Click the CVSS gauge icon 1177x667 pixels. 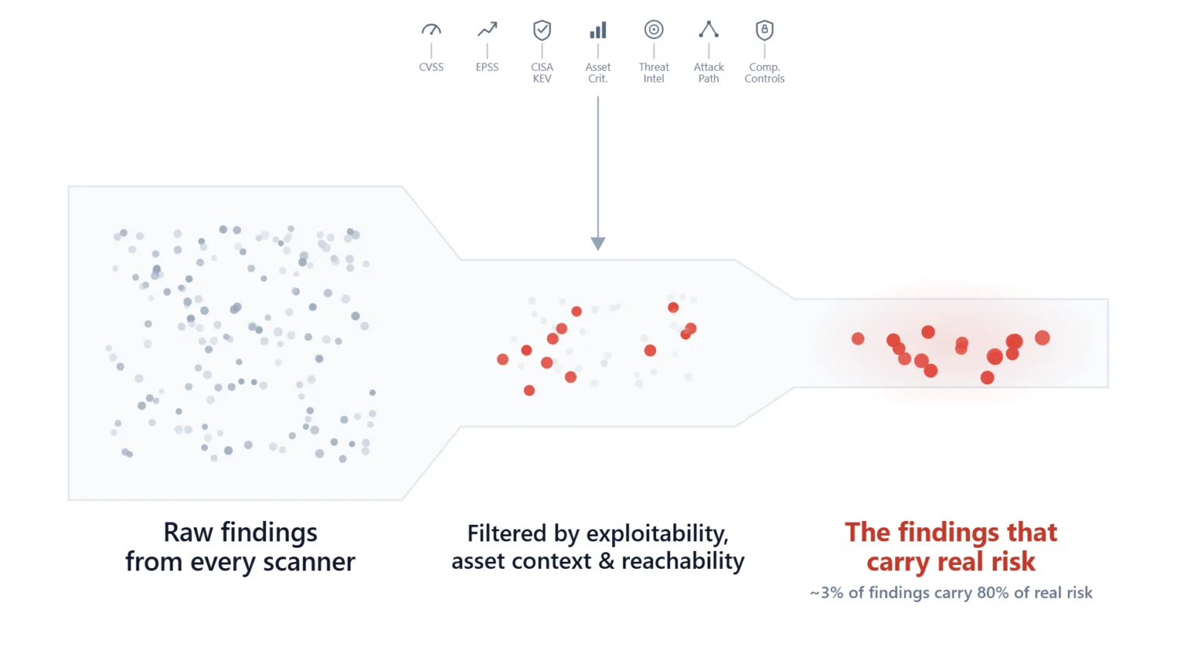point(432,30)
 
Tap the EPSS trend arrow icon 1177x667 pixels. point(487,30)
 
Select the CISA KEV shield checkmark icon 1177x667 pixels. point(541,30)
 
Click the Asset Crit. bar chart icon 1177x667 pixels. point(598,30)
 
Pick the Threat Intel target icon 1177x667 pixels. point(654,30)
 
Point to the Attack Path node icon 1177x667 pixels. point(709,30)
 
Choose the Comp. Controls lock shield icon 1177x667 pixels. point(764,30)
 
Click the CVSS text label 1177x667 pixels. point(431,67)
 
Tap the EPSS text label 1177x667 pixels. point(487,67)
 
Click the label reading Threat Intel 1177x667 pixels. point(654,72)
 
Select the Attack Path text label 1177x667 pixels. point(709,72)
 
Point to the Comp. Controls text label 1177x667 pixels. point(764,72)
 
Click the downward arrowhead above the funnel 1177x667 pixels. point(598,243)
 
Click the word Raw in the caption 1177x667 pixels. point(188,533)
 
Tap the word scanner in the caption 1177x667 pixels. point(309,562)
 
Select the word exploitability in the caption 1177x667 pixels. point(658,534)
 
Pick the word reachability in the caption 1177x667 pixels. point(683,561)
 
